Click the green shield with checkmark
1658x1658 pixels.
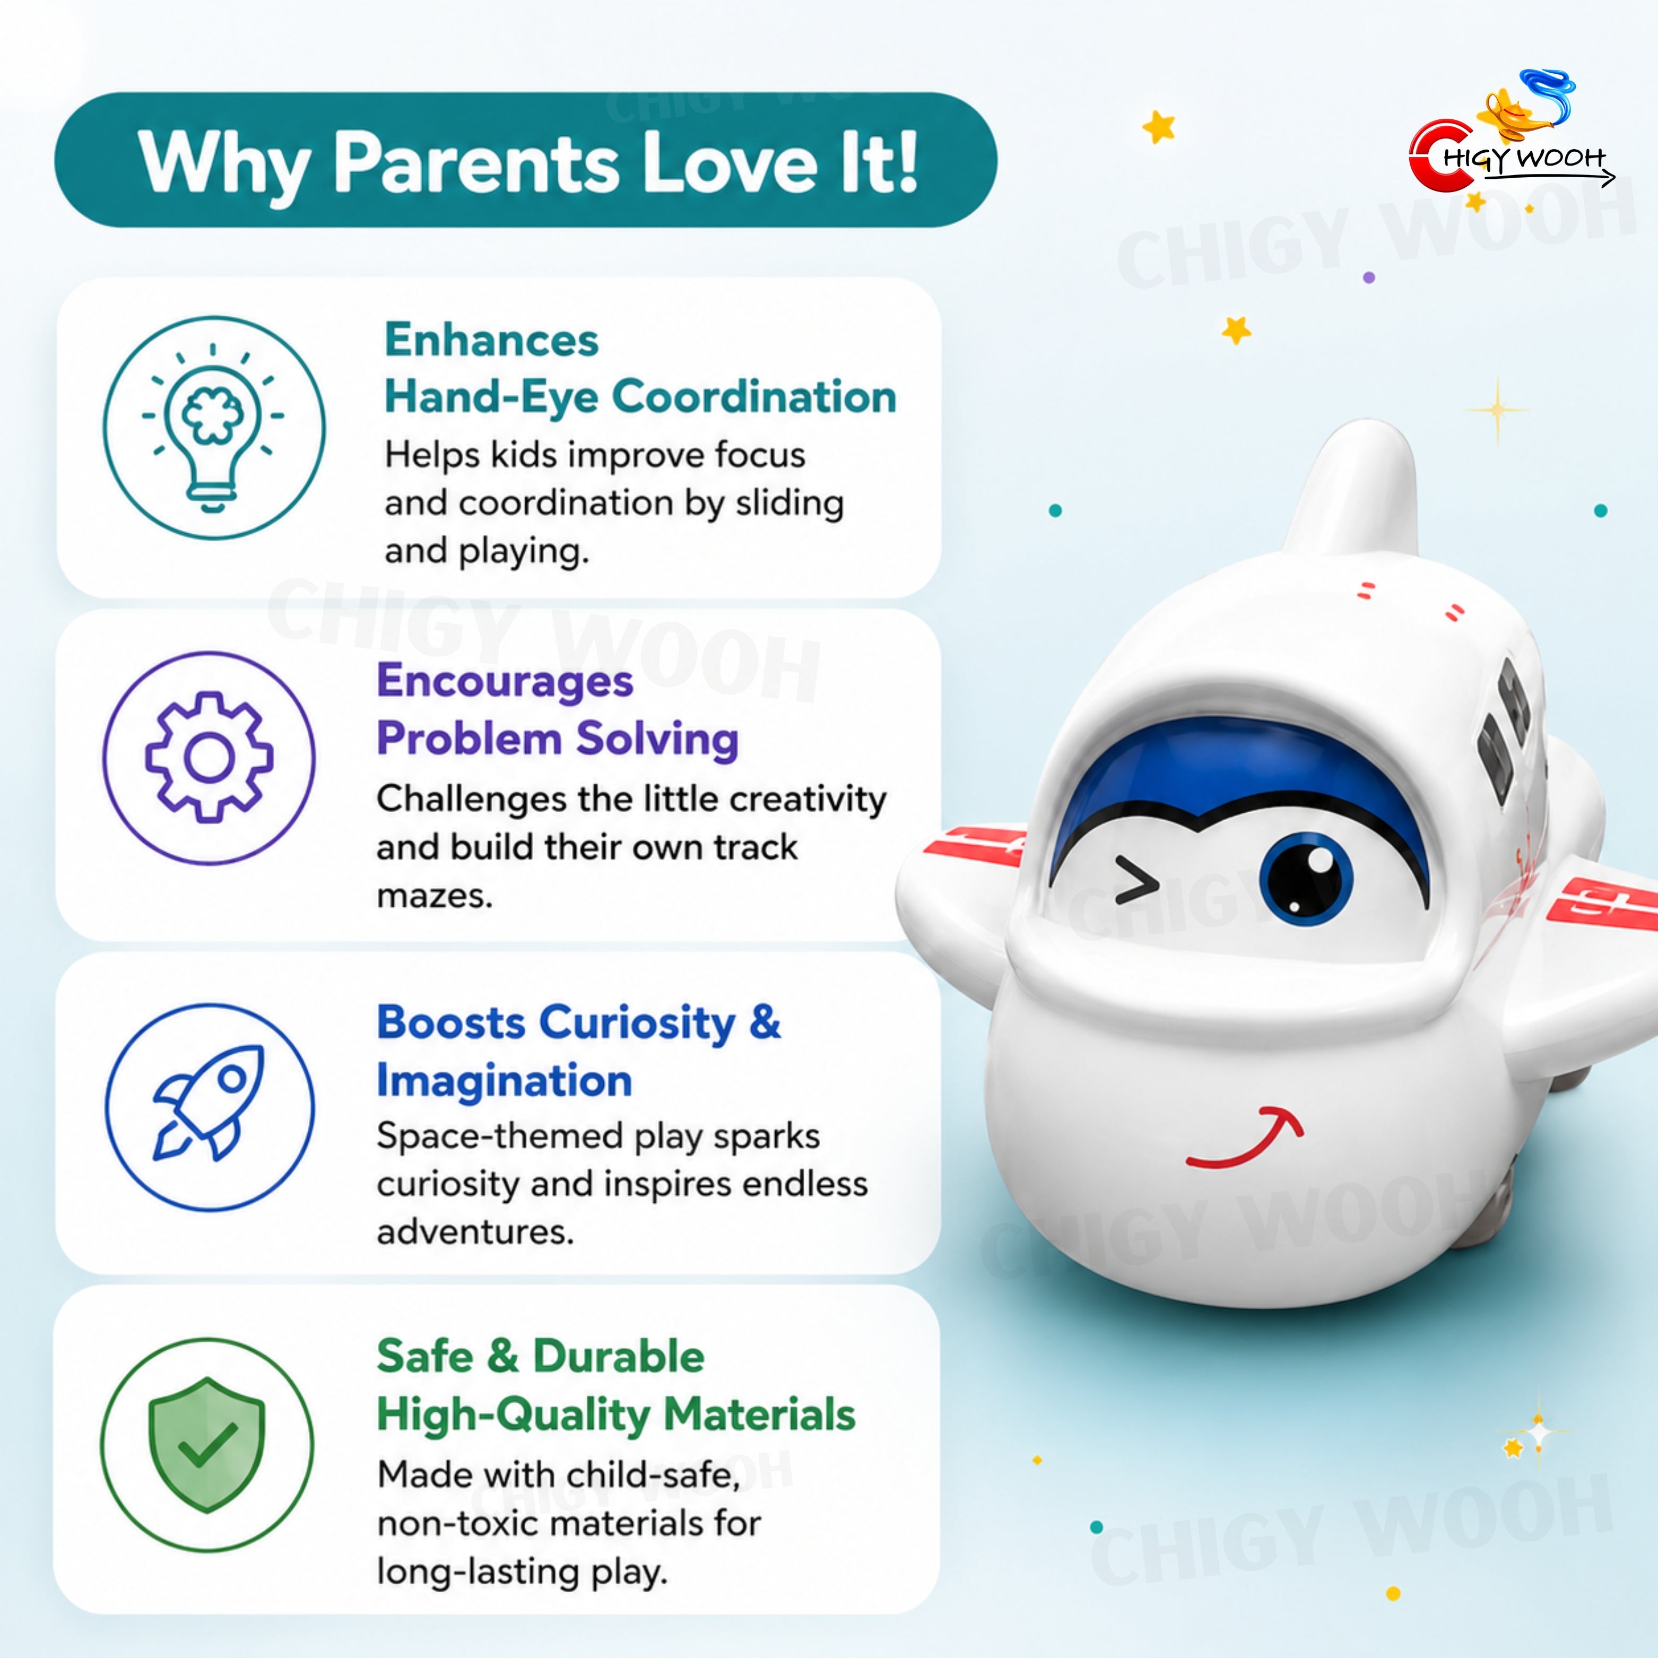(x=207, y=1444)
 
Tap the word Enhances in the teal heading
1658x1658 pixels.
(x=491, y=340)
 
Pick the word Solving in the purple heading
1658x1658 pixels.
(x=657, y=739)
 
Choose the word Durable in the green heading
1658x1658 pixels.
(x=619, y=1357)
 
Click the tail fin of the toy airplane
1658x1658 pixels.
(x=1357, y=489)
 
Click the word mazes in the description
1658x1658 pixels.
(x=434, y=897)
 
